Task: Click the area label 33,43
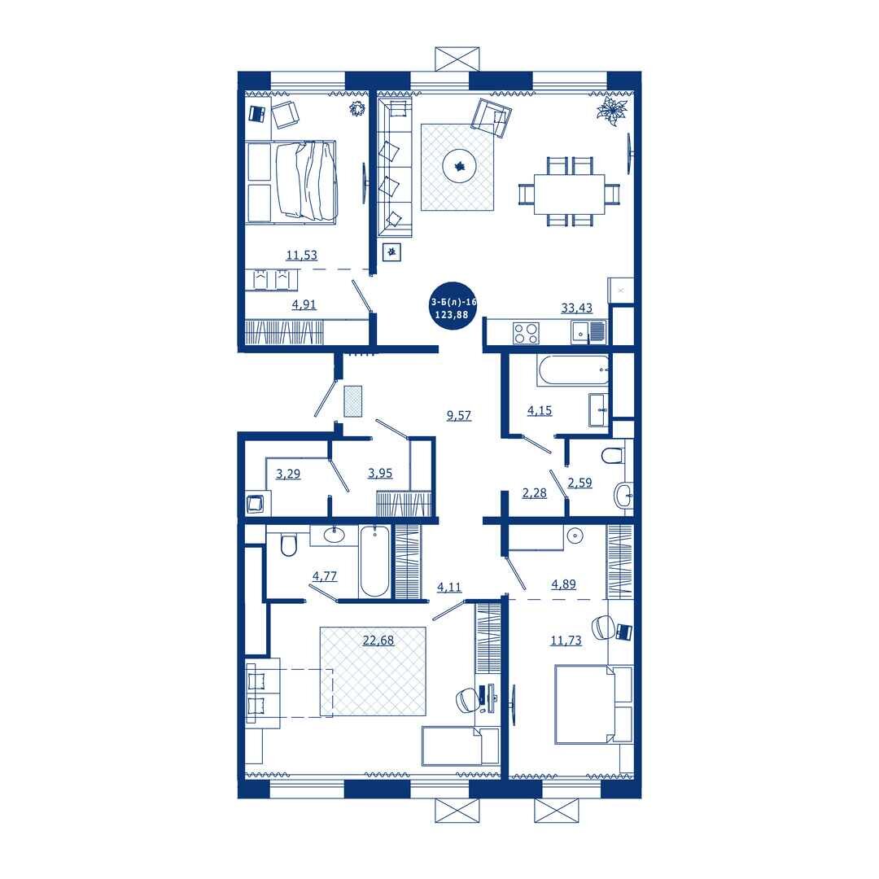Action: [576, 308]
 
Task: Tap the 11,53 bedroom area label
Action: [302, 255]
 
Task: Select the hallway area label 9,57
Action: [458, 415]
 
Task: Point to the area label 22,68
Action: [378, 640]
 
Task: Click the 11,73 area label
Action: [566, 641]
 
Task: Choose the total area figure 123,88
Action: [451, 314]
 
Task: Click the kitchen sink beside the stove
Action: [588, 332]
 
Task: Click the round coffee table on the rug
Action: [460, 166]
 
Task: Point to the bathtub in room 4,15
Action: [572, 370]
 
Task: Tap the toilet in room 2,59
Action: [612, 455]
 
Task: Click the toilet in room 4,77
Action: [288, 544]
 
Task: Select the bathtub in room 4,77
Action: [374, 561]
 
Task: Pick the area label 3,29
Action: [288, 474]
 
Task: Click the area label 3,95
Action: [380, 473]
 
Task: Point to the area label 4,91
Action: [304, 304]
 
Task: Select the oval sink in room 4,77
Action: [335, 535]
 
